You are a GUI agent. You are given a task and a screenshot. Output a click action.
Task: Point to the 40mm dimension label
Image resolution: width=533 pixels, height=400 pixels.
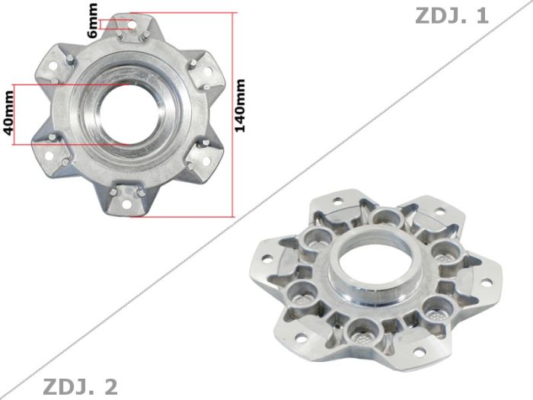(x=9, y=114)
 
